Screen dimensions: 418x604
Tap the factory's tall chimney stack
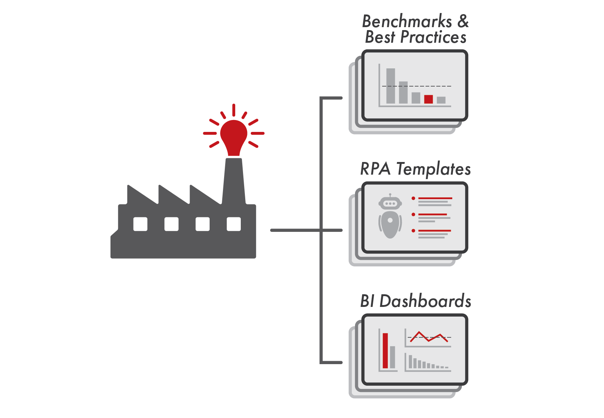(234, 182)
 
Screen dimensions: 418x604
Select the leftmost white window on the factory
(140, 224)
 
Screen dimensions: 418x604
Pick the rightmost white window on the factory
(234, 224)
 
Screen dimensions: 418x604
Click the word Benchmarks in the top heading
(407, 22)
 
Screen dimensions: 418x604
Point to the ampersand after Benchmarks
(463, 22)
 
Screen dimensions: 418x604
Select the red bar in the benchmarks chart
(429, 99)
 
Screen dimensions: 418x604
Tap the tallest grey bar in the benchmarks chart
(391, 86)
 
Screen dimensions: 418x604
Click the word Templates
(433, 169)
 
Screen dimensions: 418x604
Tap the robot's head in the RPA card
(390, 203)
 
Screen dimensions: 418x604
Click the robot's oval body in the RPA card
(390, 225)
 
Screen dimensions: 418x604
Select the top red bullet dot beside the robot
(413, 198)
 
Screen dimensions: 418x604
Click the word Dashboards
(425, 301)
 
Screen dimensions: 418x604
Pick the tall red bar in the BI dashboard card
(385, 351)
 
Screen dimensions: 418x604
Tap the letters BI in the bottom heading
(367, 301)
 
